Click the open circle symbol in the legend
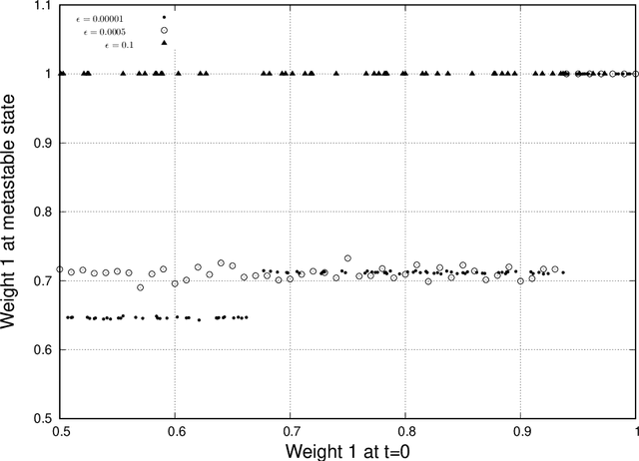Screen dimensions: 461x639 pos(164,31)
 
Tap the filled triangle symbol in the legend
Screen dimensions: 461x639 pos(164,44)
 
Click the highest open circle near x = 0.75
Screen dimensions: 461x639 pos(347,258)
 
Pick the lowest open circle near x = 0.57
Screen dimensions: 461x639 pos(141,287)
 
